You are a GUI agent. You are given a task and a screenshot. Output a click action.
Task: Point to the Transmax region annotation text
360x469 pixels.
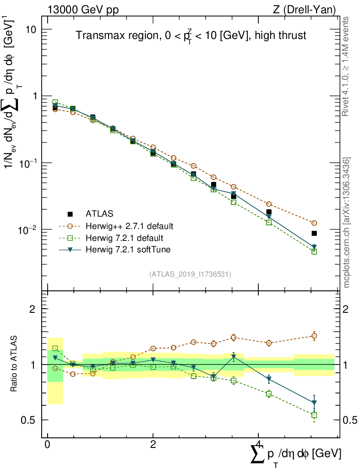[x=191, y=36]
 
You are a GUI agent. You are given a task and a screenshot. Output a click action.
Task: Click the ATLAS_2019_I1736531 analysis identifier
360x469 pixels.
[x=190, y=274]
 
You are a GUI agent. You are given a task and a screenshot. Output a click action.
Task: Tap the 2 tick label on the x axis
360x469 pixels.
[x=153, y=445]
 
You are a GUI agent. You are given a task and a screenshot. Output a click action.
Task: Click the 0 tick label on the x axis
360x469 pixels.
[x=48, y=445]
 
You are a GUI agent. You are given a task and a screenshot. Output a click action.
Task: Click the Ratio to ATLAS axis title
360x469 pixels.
[x=14, y=364]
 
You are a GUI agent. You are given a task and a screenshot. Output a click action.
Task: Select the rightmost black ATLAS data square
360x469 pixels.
[x=314, y=234]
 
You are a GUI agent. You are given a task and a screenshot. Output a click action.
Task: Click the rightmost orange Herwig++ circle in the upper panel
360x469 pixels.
[x=314, y=223]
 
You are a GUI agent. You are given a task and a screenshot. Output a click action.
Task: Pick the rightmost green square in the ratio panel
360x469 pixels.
[x=314, y=415]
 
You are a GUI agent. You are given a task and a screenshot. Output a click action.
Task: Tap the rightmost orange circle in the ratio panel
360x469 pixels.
[x=314, y=336]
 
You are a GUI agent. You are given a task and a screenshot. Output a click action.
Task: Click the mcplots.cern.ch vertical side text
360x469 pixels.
[x=347, y=223]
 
